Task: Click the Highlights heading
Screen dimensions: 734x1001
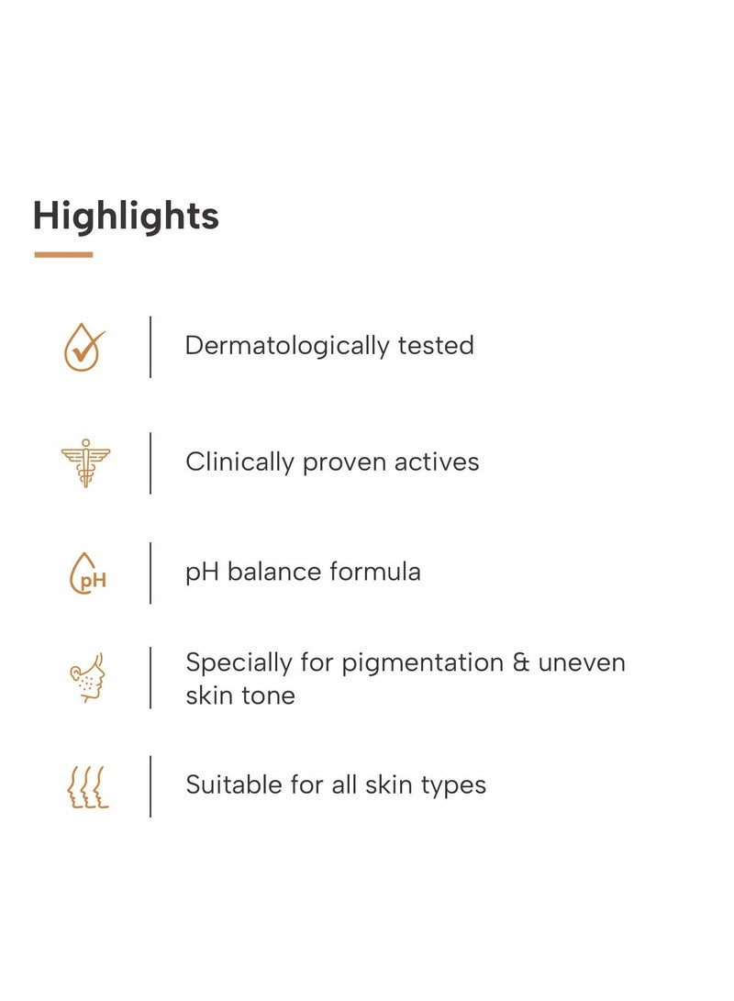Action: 126,217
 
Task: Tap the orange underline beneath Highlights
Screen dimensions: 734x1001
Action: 63,255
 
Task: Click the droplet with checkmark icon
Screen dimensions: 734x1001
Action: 83,348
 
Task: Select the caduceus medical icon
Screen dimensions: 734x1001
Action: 85,462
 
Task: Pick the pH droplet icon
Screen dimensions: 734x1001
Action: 87,573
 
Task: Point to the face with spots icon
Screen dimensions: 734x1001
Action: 87,678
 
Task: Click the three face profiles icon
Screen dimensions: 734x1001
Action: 88,787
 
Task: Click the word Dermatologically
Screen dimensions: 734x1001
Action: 287,346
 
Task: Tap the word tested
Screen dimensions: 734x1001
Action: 436,345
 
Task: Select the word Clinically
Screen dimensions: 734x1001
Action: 239,462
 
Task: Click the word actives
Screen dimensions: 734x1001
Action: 437,462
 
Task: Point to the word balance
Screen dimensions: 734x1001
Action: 273,572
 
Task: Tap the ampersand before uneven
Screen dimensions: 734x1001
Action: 521,662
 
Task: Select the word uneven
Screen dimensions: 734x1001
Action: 582,663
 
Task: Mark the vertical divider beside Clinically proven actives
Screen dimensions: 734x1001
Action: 150,462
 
